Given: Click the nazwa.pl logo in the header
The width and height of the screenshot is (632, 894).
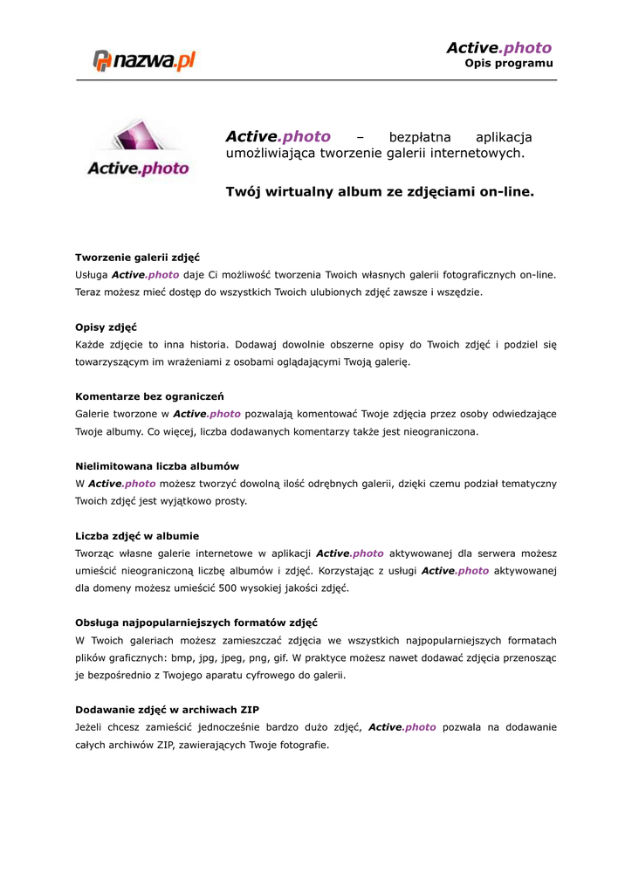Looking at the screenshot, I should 144,60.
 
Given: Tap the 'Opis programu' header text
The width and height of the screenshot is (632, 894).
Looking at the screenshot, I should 508,64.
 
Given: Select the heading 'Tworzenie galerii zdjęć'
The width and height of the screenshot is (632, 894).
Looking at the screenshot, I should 138,258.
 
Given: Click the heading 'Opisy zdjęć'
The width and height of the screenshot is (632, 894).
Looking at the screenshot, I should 100,327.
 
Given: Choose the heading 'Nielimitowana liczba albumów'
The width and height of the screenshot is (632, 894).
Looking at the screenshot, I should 157,466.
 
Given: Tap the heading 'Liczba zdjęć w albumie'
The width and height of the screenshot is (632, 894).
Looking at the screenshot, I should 137,535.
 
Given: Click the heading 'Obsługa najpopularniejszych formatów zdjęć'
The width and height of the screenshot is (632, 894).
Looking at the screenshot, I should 196,622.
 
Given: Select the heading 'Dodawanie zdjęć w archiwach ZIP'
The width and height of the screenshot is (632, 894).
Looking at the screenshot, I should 167,710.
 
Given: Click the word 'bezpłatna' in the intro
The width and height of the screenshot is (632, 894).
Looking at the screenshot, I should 420,137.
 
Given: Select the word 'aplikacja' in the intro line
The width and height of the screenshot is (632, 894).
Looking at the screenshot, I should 503,137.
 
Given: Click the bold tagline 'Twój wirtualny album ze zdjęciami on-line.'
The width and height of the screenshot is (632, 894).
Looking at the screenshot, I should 379,190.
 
